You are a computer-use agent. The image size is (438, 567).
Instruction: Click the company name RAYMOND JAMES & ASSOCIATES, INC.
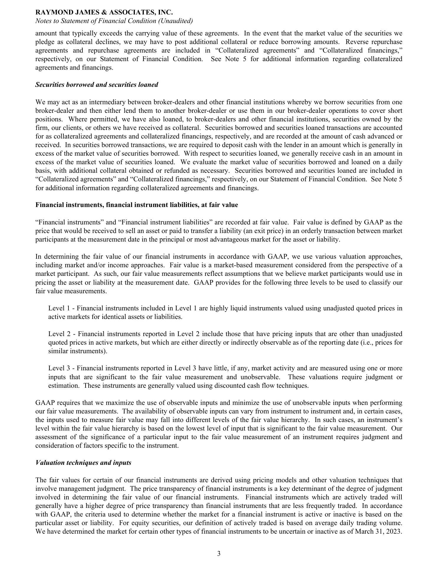coord(104,12)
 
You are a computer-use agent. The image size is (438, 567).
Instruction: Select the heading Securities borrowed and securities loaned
coord(97,85)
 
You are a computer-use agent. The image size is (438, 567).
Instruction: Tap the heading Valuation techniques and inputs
coord(83,463)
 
